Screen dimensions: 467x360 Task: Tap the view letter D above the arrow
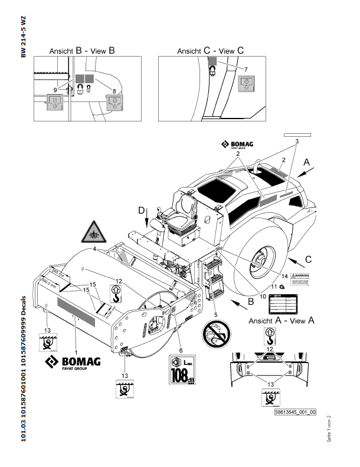click(141, 211)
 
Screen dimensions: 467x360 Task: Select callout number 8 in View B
click(113, 90)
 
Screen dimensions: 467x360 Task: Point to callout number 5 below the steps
click(215, 314)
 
